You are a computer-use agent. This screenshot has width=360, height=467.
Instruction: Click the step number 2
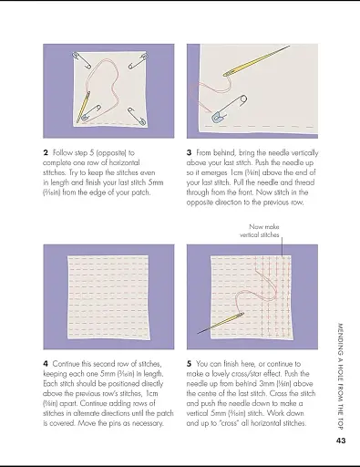[x=46, y=152]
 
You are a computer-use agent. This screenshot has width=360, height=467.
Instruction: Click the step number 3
[x=189, y=152]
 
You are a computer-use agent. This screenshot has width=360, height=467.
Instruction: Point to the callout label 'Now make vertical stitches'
[x=262, y=230]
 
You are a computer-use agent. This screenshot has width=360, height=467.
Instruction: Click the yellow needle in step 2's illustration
[x=87, y=106]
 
